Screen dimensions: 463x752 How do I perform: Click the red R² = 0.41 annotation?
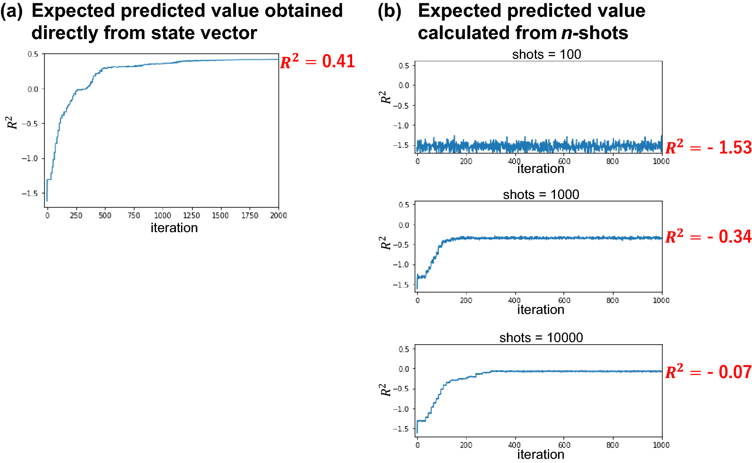coord(317,62)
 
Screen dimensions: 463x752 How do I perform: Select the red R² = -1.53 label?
coord(708,147)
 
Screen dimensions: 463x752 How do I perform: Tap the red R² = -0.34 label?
coord(708,236)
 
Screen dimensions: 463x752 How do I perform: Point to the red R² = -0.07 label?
coord(708,372)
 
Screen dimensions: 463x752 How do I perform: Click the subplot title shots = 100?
coord(546,55)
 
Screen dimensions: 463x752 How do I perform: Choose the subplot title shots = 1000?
coord(541,195)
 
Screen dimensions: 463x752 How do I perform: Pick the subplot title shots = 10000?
coord(541,338)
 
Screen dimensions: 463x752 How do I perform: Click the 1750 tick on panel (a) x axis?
coord(249,216)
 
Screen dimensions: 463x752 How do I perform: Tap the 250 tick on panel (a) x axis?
coord(76,216)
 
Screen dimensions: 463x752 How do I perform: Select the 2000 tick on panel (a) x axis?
coord(278,216)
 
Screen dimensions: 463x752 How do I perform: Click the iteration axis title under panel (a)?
coord(174,228)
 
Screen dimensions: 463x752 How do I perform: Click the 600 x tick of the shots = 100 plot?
coord(564,161)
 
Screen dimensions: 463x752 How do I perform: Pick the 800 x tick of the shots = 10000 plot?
coord(612,445)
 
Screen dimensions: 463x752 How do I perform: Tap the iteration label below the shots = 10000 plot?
coord(541,455)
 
